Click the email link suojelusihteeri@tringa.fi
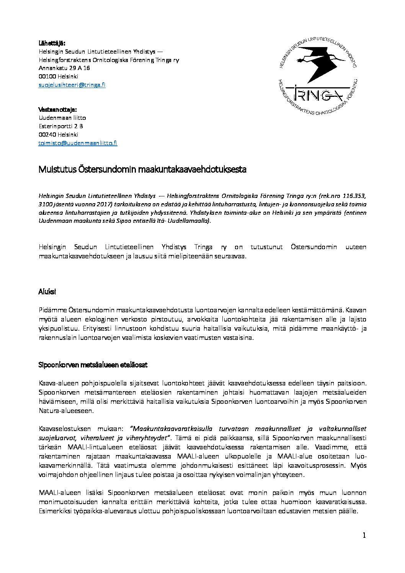tap(72, 85)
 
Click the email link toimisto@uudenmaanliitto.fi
tap(78, 143)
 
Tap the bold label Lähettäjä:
tap(52, 42)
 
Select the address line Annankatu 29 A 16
tap(64, 68)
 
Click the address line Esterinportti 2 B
tap(61, 126)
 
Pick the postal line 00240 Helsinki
tap(58, 135)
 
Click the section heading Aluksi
tap(47, 292)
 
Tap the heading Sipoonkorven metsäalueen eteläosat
tap(93, 365)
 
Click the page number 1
tap(364, 535)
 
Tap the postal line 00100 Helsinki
tap(58, 77)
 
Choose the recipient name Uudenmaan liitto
tap(62, 118)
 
